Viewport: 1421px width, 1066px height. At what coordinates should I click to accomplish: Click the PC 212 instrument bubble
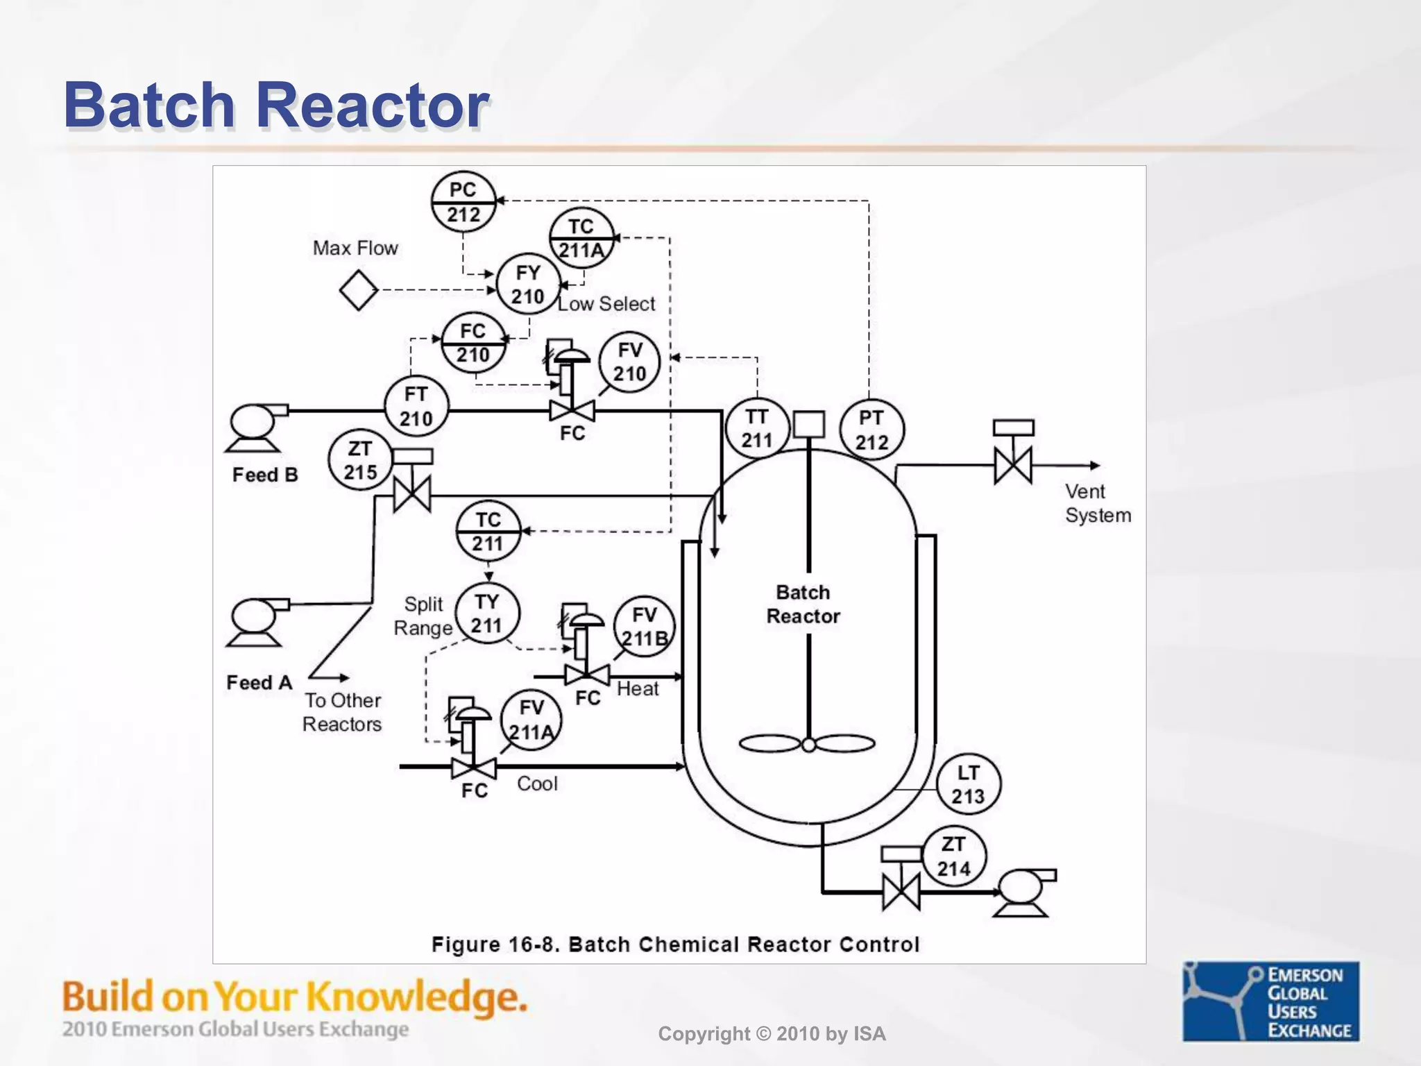pyautogui.click(x=463, y=202)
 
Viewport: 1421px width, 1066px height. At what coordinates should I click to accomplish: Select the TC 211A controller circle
pyautogui.click(x=581, y=238)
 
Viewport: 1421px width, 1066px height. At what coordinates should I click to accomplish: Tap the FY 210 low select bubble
pyautogui.click(x=528, y=285)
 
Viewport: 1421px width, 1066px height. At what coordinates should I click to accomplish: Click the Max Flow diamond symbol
pyautogui.click(x=359, y=290)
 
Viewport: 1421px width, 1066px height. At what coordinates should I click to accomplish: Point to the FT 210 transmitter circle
pyautogui.click(x=416, y=407)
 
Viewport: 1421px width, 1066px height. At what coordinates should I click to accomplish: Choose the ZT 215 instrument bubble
pyautogui.click(x=360, y=460)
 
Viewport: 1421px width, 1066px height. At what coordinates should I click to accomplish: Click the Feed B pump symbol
pyautogui.click(x=254, y=425)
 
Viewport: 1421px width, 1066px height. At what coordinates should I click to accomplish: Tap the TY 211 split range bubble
pyautogui.click(x=487, y=613)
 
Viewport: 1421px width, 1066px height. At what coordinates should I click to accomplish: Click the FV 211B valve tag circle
pyautogui.click(x=645, y=626)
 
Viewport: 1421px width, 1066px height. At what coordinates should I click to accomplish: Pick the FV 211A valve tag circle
pyautogui.click(x=531, y=720)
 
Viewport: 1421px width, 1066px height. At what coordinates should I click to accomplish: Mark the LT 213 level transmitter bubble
pyautogui.click(x=968, y=784)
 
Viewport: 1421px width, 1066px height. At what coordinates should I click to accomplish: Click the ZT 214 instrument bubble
pyautogui.click(x=954, y=856)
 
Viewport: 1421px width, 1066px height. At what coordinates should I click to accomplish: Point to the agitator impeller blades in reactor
pyautogui.click(x=808, y=745)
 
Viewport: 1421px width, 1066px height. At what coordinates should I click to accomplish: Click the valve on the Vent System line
pyautogui.click(x=1013, y=465)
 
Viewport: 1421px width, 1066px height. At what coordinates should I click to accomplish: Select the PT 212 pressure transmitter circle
pyautogui.click(x=871, y=430)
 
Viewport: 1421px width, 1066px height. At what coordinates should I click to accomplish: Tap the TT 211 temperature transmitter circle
pyautogui.click(x=757, y=428)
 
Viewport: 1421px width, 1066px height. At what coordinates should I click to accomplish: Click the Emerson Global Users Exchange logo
pyautogui.click(x=1270, y=1001)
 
